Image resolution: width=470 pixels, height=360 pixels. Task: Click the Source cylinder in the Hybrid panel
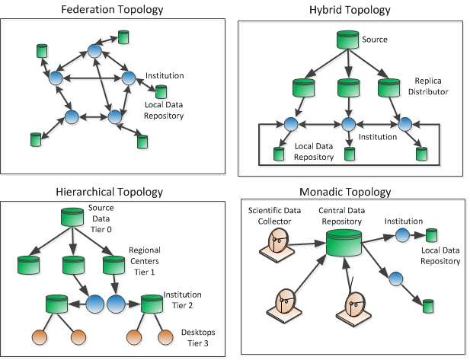348,40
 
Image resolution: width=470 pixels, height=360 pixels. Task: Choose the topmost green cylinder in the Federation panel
123,37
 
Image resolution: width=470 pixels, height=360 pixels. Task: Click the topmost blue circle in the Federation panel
94,51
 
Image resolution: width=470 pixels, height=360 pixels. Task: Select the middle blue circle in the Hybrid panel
348,123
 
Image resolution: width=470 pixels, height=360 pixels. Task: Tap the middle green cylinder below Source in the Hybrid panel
348,84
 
